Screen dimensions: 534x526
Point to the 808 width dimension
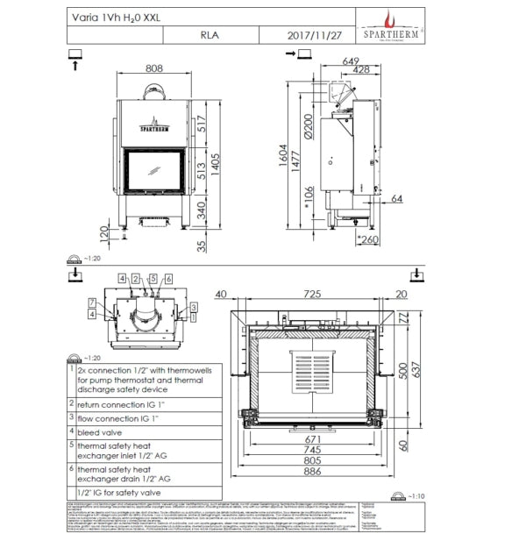pyautogui.click(x=154, y=67)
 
